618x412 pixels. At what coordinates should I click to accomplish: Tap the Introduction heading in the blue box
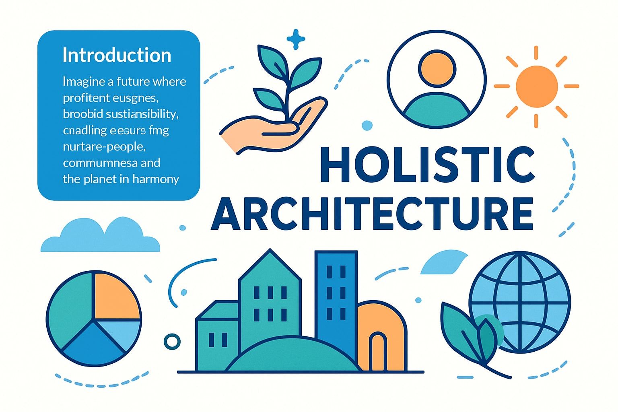(117, 56)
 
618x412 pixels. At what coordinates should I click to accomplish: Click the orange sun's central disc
(536, 86)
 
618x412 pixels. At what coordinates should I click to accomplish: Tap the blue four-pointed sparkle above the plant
(296, 39)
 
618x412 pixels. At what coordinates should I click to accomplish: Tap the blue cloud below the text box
(101, 237)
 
